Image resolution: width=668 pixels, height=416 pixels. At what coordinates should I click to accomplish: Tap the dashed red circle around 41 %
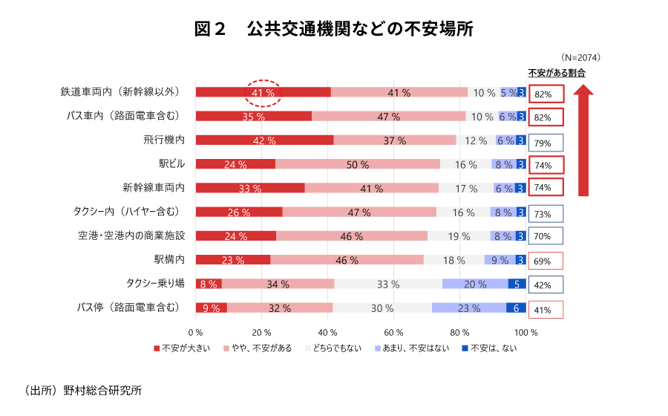tap(263, 93)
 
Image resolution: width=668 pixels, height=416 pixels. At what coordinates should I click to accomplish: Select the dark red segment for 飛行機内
tap(264, 140)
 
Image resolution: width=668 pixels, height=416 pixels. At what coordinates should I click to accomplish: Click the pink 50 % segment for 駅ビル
tap(357, 164)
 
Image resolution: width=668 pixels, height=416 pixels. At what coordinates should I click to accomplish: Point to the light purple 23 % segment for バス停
tap(468, 308)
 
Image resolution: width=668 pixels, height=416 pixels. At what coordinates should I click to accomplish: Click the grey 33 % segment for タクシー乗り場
tap(387, 284)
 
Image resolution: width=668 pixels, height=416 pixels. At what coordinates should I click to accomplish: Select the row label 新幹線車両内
tap(154, 187)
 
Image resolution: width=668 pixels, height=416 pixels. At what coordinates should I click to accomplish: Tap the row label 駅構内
tap(169, 259)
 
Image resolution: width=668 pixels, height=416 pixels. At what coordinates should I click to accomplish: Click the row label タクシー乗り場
tap(154, 283)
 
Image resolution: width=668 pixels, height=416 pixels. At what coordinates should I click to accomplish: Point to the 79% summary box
tap(546, 143)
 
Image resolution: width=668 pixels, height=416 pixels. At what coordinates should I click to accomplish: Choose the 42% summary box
tap(546, 285)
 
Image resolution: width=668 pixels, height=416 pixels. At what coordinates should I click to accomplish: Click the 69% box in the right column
tap(546, 261)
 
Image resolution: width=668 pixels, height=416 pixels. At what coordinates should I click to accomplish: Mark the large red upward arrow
tap(584, 141)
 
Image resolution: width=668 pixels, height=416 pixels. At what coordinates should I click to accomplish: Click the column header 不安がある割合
tap(557, 73)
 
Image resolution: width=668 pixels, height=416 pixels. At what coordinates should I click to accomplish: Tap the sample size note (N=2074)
tap(581, 57)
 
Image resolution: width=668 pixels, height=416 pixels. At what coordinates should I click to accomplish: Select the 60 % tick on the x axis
tap(394, 332)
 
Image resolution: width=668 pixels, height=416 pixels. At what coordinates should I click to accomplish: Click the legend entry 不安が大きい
tap(180, 348)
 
